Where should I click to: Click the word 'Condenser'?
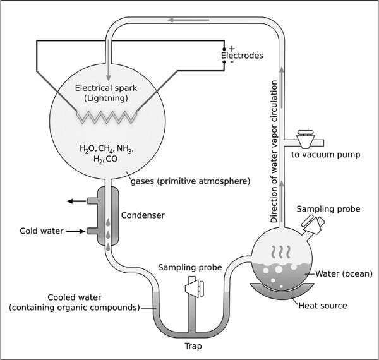point(143,215)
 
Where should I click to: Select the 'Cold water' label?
point(42,231)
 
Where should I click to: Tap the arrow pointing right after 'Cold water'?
point(76,231)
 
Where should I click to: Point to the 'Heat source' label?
point(323,306)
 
